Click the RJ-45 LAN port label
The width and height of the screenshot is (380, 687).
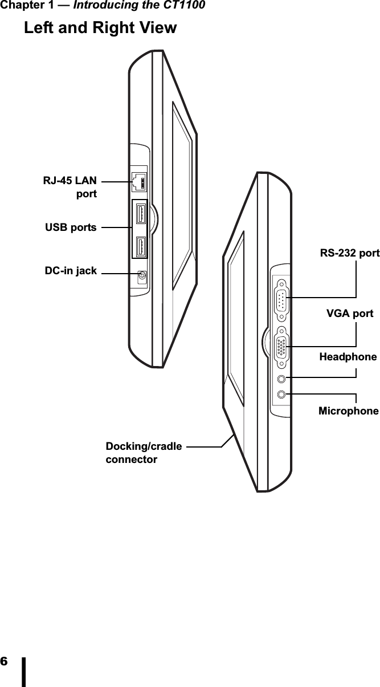[x=70, y=187]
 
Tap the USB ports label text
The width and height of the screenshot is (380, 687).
[x=71, y=227]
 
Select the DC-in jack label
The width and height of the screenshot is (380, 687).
[x=71, y=270]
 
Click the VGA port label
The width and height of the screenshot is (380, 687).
[x=350, y=314]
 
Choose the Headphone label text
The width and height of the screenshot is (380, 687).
[x=348, y=357]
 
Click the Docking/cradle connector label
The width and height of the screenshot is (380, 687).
[x=144, y=452]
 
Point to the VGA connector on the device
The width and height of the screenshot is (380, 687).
[x=281, y=346]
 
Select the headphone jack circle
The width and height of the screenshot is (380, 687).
[x=281, y=379]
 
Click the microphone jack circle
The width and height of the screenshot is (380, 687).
[x=281, y=394]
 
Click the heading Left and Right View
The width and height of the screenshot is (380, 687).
[x=100, y=27]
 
